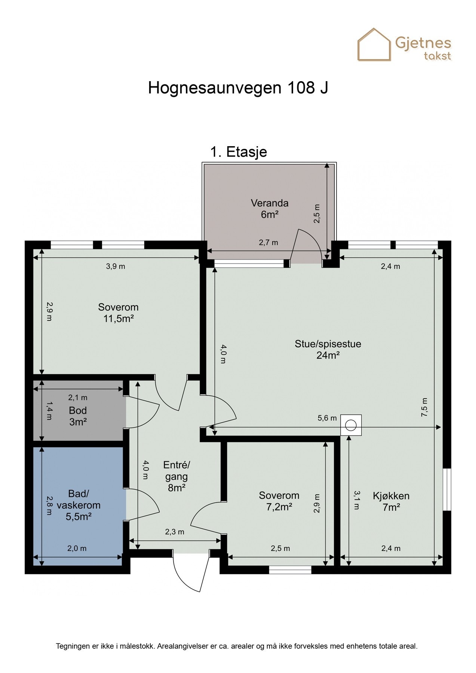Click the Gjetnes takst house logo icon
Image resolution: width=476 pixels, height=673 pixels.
coord(374,45)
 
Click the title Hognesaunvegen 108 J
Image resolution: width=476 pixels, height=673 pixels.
coord(238,88)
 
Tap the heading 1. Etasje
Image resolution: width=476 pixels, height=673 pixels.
coord(239,152)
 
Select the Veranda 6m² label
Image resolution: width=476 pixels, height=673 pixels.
coord(269,209)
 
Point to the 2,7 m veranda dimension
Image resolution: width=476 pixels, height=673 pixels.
coord(268,243)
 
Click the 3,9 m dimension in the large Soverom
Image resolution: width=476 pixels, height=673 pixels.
coord(116,267)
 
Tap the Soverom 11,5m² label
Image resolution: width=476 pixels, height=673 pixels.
coord(118,313)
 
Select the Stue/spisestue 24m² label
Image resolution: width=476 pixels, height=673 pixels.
coord(328,349)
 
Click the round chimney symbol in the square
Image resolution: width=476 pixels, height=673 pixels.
coord(351,425)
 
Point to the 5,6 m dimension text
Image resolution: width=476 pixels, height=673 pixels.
coord(327,418)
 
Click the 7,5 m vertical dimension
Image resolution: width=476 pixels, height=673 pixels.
coord(425,407)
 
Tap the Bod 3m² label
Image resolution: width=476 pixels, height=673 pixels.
coord(78,416)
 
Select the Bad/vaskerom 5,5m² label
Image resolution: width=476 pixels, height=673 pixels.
coord(79,505)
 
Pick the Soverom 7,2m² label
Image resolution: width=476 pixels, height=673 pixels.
coord(279,501)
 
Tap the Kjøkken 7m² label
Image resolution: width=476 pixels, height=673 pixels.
coord(391,501)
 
